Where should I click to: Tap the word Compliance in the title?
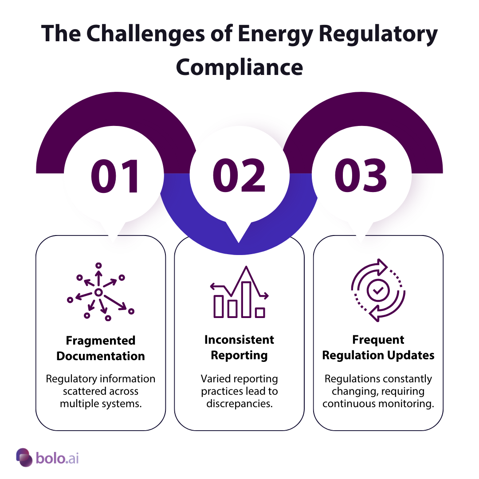tap(239, 67)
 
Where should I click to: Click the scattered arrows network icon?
tap(100, 293)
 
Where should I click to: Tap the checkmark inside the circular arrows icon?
tap(378, 291)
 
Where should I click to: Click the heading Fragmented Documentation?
tap(101, 348)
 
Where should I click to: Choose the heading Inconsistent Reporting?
tap(239, 347)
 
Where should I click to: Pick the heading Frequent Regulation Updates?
tap(378, 347)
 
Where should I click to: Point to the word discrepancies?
tap(239, 404)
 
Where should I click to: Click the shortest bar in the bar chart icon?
tap(260, 313)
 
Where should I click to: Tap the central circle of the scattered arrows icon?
tap(98, 292)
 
